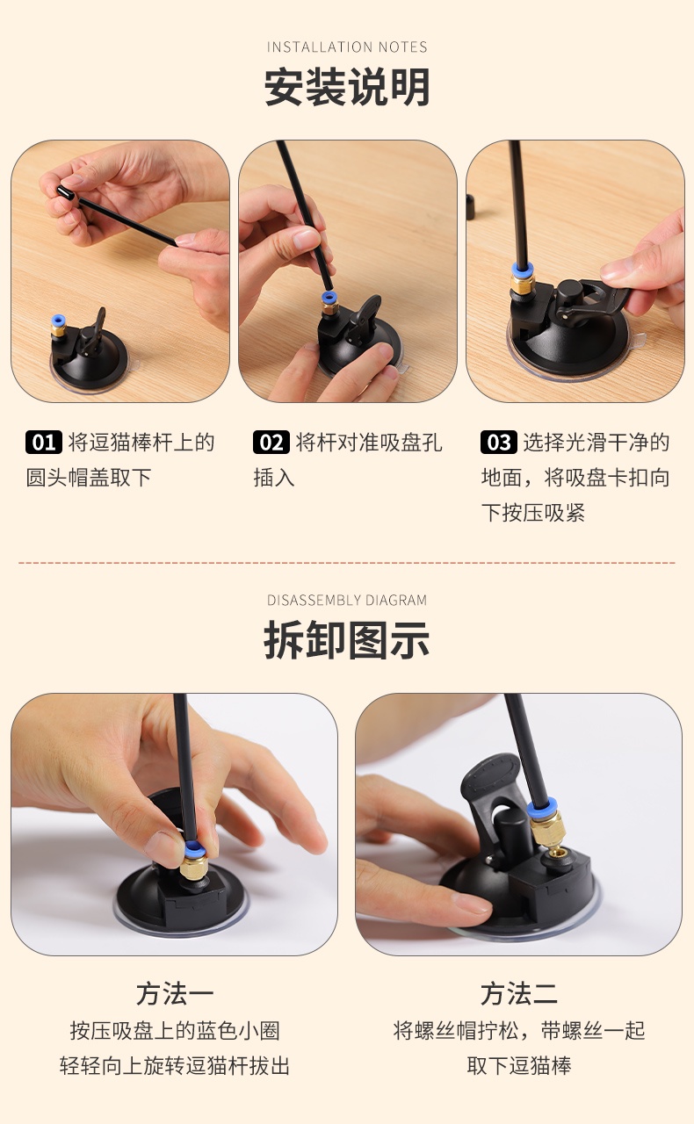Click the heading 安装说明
[347, 87]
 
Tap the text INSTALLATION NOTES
[347, 47]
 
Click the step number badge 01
[44, 442]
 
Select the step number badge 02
[271, 442]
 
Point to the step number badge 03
[499, 442]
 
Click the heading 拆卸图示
[347, 640]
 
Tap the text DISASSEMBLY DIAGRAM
[347, 600]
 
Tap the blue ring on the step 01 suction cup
[58, 321]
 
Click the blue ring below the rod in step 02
[329, 298]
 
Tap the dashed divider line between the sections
[347, 563]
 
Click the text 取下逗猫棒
[519, 1066]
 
